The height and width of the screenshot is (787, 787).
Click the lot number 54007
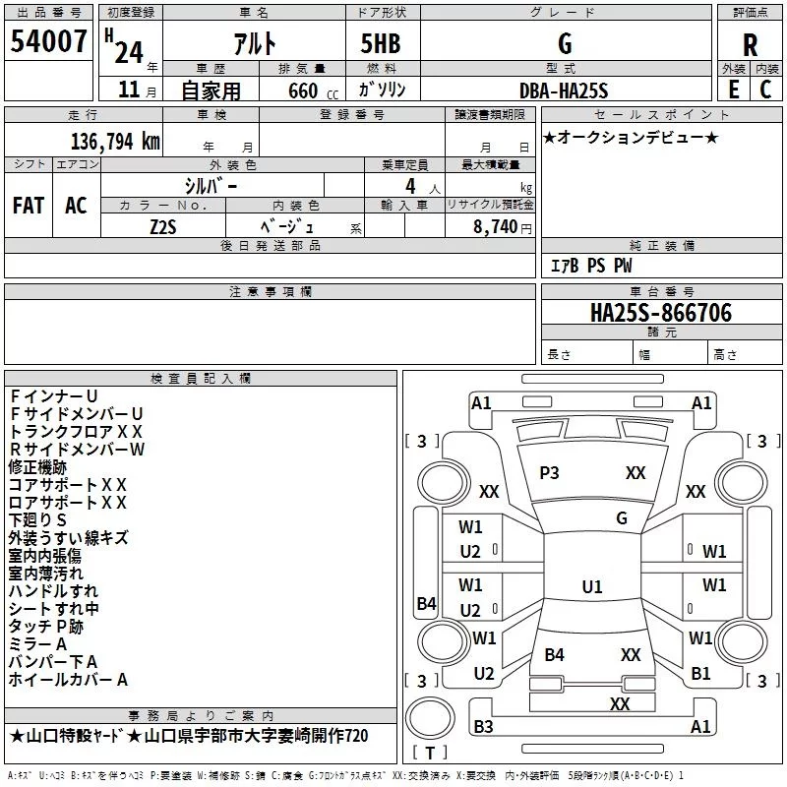coord(48,42)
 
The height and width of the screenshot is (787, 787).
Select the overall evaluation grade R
coord(750,45)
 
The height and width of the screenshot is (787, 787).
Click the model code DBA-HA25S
coord(565,91)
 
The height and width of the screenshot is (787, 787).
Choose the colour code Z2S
coord(164,225)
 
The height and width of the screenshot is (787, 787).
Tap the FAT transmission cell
coord(28,206)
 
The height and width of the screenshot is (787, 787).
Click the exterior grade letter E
coord(733,90)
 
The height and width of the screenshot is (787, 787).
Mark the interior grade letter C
coord(765,90)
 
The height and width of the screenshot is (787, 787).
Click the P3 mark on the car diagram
coord(549,473)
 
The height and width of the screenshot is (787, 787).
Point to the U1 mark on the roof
coord(591,587)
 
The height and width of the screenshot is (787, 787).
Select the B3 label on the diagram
coord(483,727)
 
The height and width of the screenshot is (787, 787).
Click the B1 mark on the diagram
coord(700,674)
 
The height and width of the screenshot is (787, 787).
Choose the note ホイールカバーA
coord(69,679)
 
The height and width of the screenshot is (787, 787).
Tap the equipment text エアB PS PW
coord(590,266)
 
